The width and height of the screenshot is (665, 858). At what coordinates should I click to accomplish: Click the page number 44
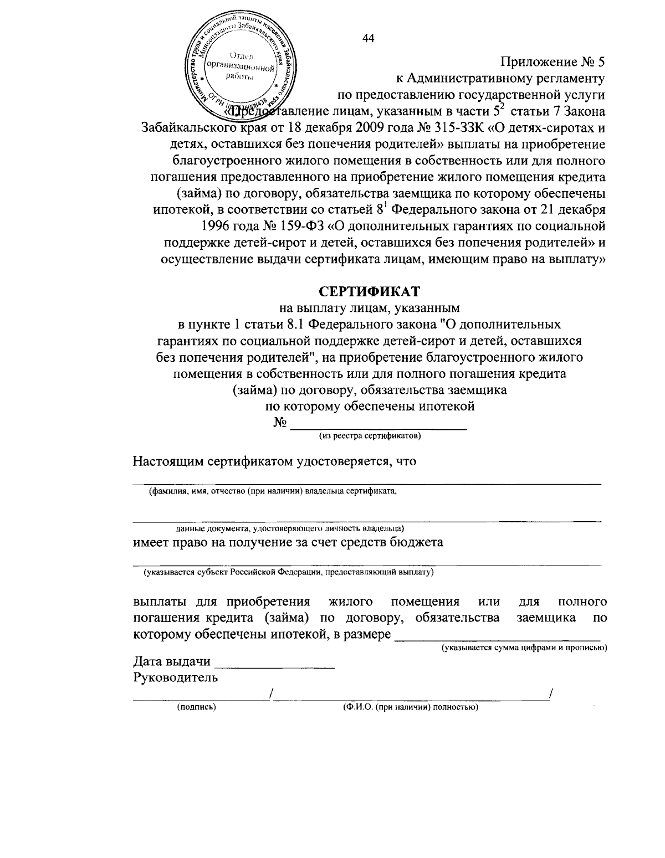368,38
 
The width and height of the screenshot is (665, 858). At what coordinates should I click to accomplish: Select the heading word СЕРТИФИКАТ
369,290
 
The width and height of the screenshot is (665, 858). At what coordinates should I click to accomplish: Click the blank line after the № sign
378,424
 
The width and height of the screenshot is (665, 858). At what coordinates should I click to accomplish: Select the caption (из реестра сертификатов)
369,436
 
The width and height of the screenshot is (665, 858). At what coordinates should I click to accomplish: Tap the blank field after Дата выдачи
274,662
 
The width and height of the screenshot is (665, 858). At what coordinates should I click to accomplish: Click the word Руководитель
176,677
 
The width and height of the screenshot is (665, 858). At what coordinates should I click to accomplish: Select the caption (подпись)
196,707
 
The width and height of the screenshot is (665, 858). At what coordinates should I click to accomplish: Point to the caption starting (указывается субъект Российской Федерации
288,572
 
